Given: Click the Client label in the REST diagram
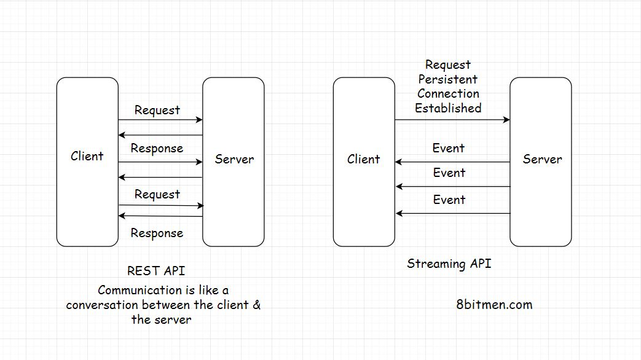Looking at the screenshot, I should pos(87,156).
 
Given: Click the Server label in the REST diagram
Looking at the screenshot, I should pos(234,159).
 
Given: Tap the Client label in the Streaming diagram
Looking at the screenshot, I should pos(363,159).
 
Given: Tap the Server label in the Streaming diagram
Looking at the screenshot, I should pos(542,159).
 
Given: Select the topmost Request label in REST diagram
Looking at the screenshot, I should pos(157,111).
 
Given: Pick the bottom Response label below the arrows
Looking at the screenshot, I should pos(157,233).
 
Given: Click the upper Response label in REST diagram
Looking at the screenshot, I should pos(157,149).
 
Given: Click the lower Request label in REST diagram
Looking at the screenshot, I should pos(157,195).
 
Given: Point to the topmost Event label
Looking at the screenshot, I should pos(449,148).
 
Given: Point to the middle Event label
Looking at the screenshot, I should pos(449,173).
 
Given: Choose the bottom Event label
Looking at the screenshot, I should pos(449,200).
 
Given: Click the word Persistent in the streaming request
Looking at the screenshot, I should pos(448,79).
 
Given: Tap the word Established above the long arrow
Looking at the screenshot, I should pos(448,108).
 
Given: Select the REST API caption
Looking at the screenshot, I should pos(156,271).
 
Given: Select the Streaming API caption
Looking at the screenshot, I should pos(449,264).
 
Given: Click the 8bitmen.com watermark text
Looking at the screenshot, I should pos(495,304).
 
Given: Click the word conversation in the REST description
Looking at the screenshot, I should pos(101,305).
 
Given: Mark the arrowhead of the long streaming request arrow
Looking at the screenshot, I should pos(507,120).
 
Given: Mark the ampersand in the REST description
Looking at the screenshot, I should pos(256,305).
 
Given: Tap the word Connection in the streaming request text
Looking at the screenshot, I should pos(448,93).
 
